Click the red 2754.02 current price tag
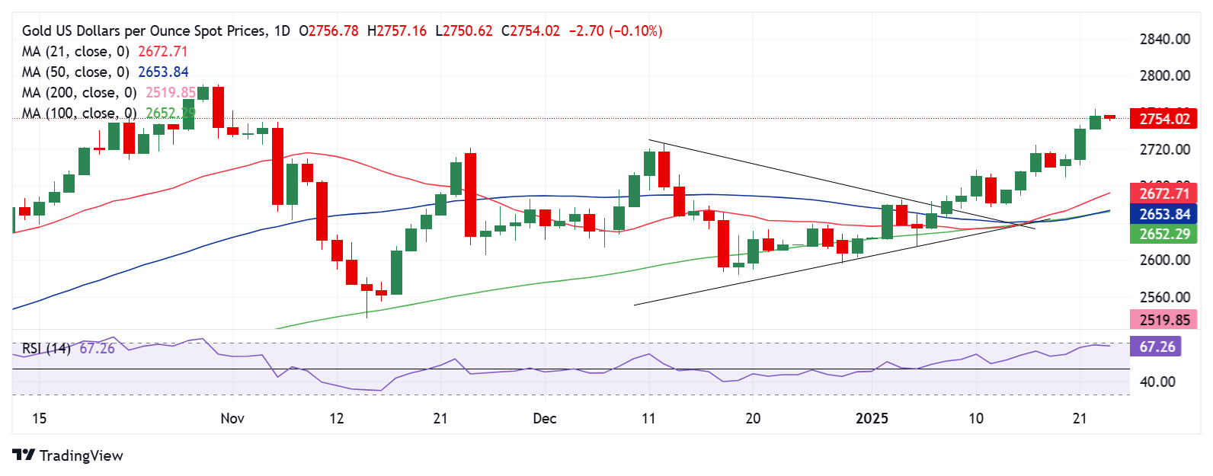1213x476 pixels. tap(1164, 119)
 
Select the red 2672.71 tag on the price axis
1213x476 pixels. tap(1164, 193)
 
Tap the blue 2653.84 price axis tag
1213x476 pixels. tap(1164, 214)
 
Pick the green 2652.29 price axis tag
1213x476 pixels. tap(1164, 234)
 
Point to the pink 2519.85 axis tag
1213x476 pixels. tap(1164, 320)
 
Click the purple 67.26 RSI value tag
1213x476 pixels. tap(1157, 347)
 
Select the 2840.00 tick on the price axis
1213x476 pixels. tap(1164, 39)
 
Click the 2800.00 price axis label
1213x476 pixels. tap(1164, 75)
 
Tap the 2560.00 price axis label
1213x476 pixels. tap(1164, 297)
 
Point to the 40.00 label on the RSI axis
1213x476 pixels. tap(1157, 382)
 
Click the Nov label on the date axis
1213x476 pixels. tap(232, 418)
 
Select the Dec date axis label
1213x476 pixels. tap(545, 418)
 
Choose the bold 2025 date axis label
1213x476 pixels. tap(872, 418)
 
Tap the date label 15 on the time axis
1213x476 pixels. tap(39, 418)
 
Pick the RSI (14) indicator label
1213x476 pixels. tap(46, 348)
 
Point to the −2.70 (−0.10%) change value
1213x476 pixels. tap(616, 31)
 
